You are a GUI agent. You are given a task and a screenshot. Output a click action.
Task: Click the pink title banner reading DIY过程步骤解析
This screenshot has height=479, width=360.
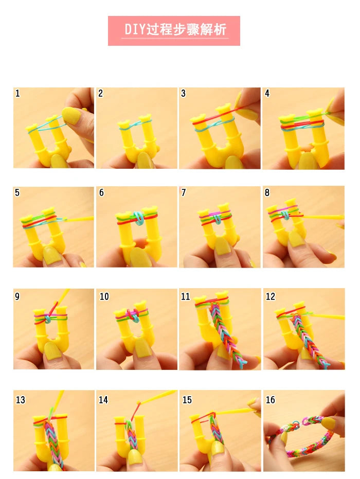click(x=174, y=31)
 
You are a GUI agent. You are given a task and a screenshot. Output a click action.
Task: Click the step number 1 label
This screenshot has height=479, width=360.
click(x=17, y=93)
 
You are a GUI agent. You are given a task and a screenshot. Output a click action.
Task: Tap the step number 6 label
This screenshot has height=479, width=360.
click(x=101, y=192)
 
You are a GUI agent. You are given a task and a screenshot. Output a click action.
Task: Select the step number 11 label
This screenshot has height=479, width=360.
click(x=185, y=297)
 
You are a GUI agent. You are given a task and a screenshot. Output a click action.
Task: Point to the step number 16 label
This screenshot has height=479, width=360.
click(x=270, y=399)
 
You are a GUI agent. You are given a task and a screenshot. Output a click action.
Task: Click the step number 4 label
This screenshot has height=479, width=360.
click(x=267, y=93)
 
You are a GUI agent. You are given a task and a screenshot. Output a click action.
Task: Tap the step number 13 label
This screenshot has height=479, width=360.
click(x=20, y=400)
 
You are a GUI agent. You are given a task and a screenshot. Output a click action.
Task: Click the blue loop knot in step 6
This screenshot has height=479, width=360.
click(x=138, y=218)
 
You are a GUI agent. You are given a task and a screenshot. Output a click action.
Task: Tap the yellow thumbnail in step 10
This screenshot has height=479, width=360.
click(x=141, y=348)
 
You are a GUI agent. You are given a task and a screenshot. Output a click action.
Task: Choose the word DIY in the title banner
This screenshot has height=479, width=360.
click(x=134, y=29)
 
